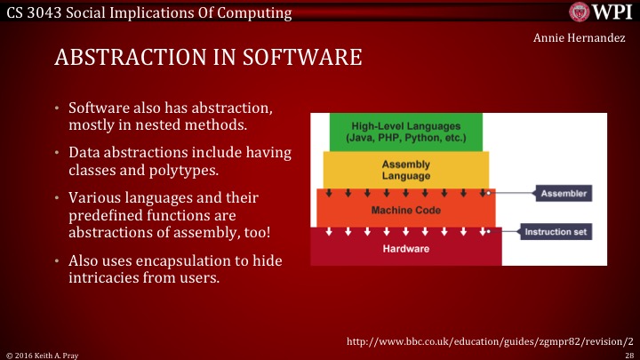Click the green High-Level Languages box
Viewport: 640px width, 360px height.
(404, 132)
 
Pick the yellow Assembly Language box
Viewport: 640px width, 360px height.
(405, 170)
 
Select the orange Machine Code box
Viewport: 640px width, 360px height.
(405, 209)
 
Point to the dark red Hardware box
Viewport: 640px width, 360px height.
(406, 248)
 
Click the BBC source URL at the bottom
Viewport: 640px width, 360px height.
(488, 340)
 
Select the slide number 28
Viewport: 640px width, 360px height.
(628, 354)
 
